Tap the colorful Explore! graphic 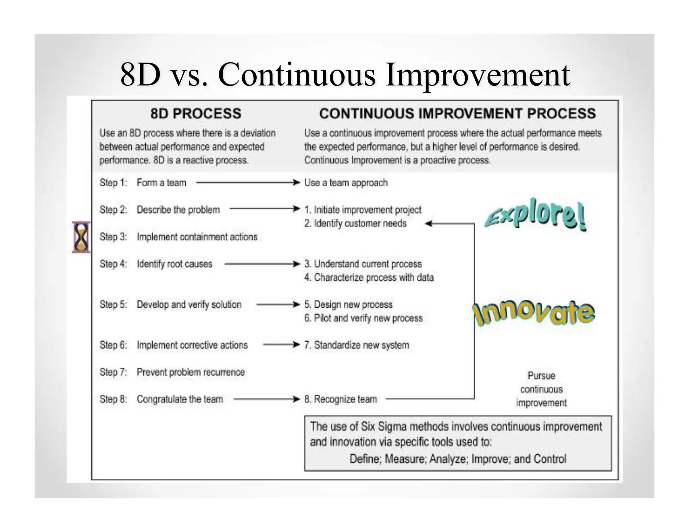click(x=535, y=214)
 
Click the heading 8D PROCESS click(x=195, y=114)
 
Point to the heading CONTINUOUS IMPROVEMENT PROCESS click(x=457, y=114)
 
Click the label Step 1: click(x=113, y=183)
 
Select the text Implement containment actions click(x=197, y=237)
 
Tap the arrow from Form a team click(x=248, y=183)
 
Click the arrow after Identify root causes click(x=262, y=264)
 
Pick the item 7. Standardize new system click(x=357, y=345)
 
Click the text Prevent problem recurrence click(x=190, y=372)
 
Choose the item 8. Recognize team click(x=340, y=399)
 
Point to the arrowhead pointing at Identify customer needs click(x=429, y=223)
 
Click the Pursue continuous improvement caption click(x=541, y=389)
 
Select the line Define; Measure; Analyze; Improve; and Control click(x=458, y=459)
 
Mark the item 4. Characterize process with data click(x=369, y=277)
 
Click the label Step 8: click(x=113, y=399)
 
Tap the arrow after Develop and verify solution click(x=278, y=305)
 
